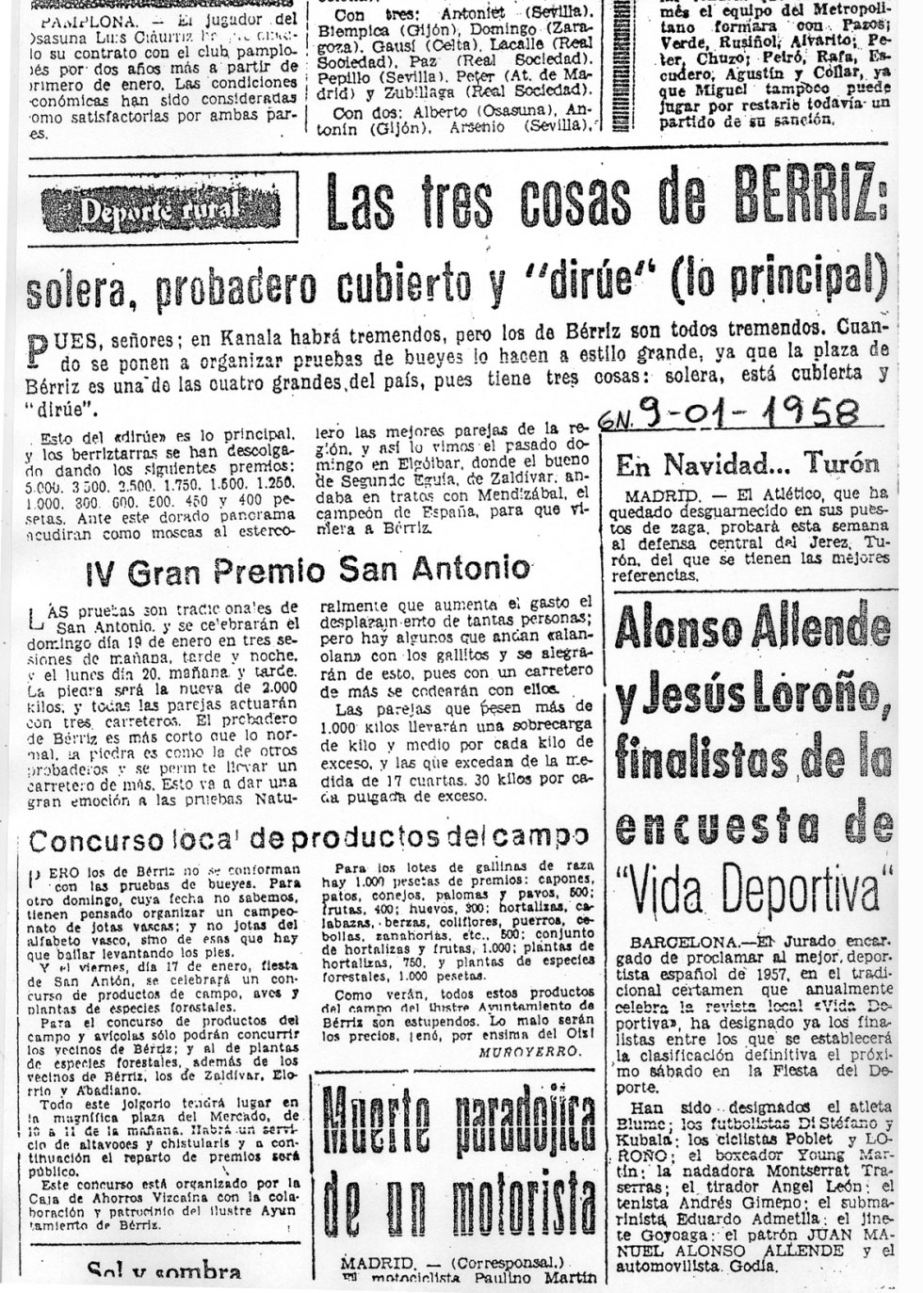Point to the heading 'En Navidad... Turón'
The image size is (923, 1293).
click(748, 463)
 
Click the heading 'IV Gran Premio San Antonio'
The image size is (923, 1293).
click(309, 569)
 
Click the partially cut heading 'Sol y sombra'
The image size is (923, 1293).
click(165, 1273)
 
